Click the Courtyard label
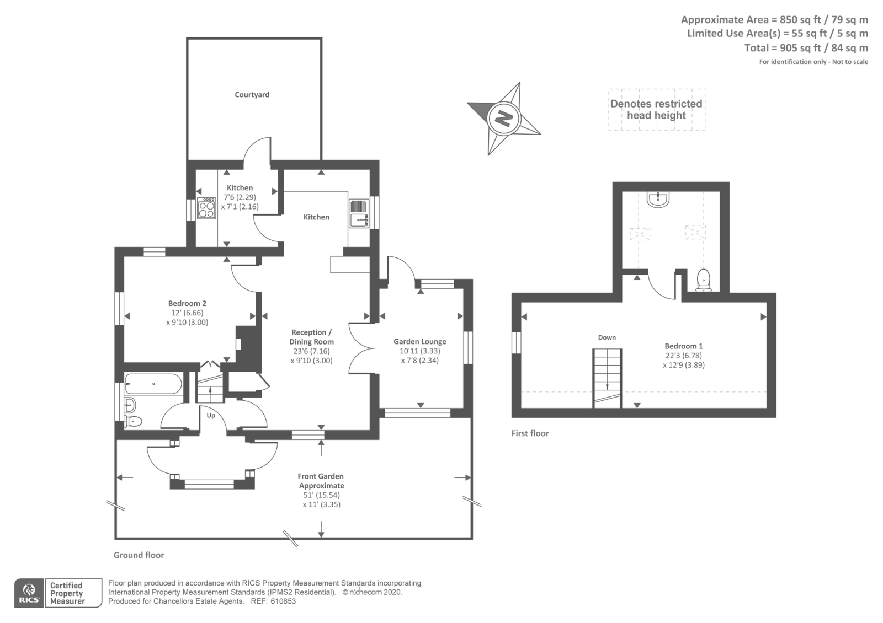[x=252, y=95]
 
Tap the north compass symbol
[x=503, y=118]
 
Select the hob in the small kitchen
[x=207, y=208]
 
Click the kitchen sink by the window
[x=359, y=213]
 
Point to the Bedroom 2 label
[x=187, y=303]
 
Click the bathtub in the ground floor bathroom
[x=153, y=384]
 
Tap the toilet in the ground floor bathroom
[x=134, y=421]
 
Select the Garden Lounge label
[x=419, y=342]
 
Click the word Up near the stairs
[x=211, y=416]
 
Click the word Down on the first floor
[x=607, y=337]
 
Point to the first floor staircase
[x=607, y=378]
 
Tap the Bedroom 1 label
[x=683, y=346]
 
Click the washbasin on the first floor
[x=658, y=200]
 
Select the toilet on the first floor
[x=703, y=280]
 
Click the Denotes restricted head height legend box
[x=657, y=110]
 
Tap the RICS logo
[x=29, y=593]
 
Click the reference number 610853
[x=284, y=601]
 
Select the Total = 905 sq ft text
[x=806, y=48]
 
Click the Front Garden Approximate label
[x=321, y=481]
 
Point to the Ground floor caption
[x=139, y=555]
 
